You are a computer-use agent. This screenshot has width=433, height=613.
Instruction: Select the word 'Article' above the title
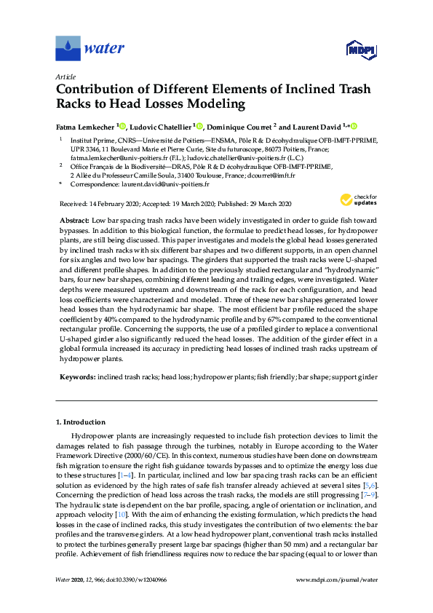tap(65, 76)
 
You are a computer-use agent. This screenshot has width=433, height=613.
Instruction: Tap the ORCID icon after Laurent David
tap(354, 125)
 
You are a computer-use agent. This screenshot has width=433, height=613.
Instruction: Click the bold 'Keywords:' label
tap(76, 377)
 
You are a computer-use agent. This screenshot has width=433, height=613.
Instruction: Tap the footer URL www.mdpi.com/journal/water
tap(337, 599)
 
